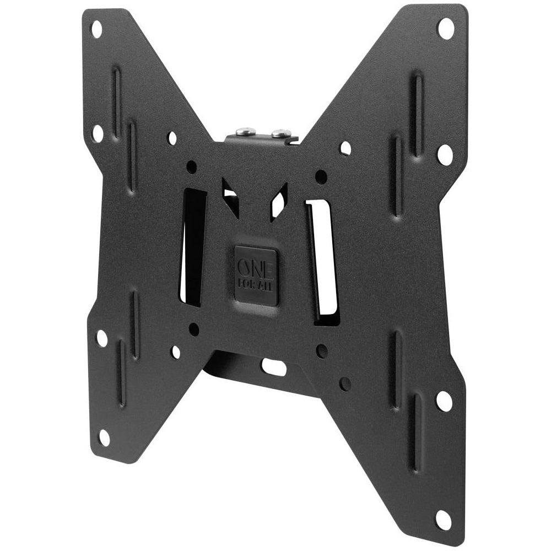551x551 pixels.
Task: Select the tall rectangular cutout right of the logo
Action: click(x=322, y=260)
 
